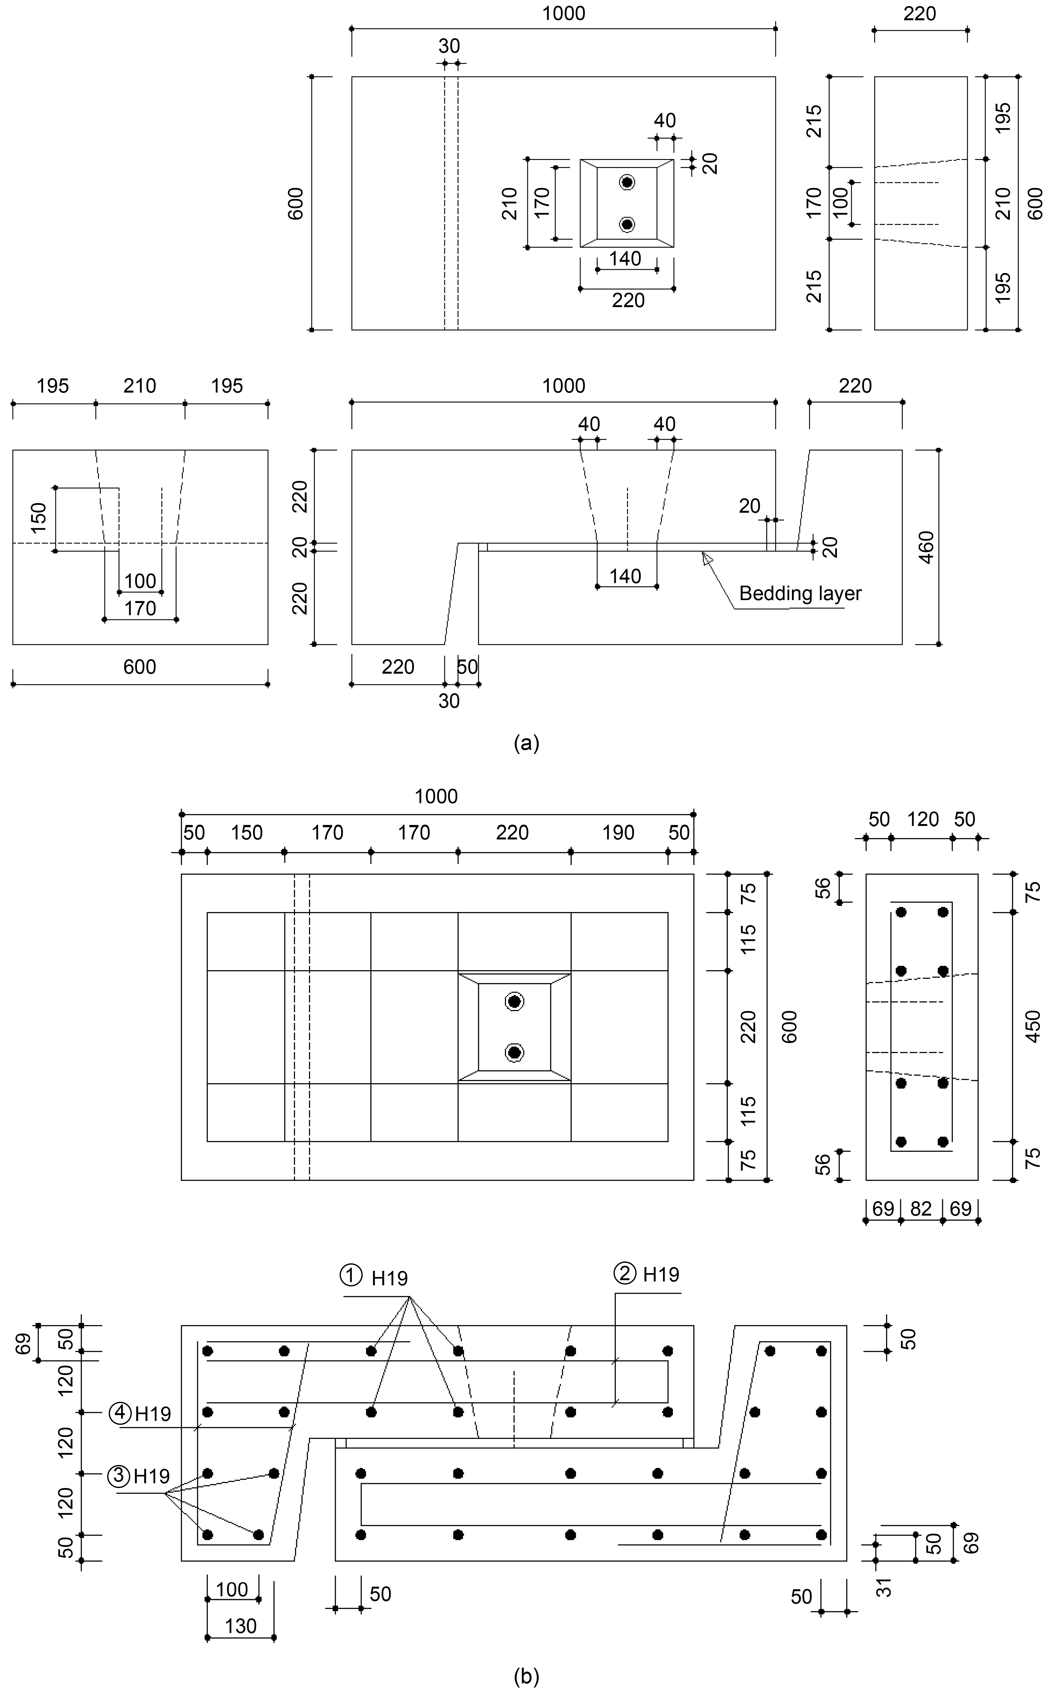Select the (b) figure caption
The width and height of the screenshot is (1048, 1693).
[x=526, y=1677]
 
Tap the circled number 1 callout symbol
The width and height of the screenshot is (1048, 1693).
[x=351, y=1274]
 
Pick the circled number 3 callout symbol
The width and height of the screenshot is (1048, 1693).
[x=119, y=1476]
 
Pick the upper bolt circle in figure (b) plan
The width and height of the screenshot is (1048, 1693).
[x=514, y=1001]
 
